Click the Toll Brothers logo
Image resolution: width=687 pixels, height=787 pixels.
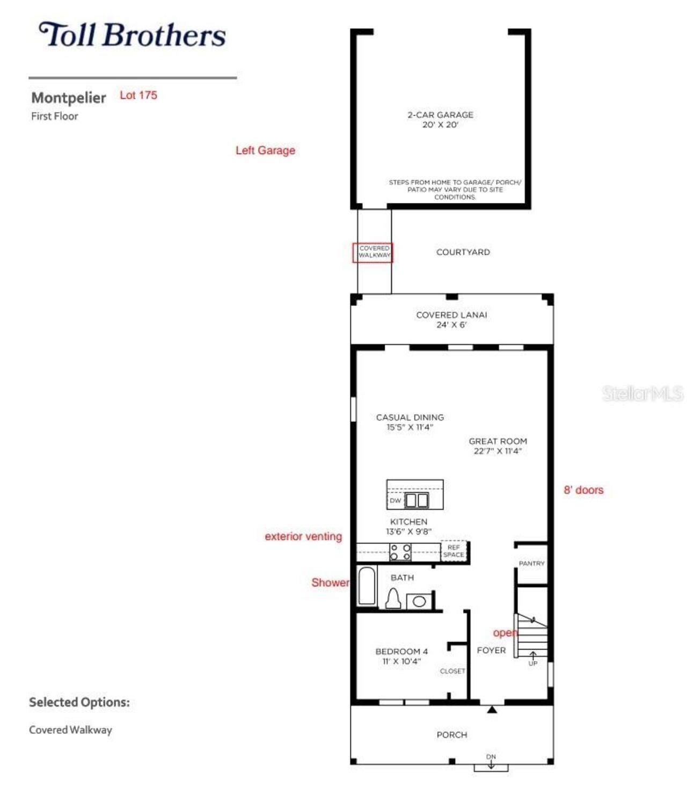pos(132,35)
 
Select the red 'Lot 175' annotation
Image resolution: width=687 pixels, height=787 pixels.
pos(138,96)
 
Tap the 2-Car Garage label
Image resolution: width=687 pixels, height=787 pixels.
pos(440,119)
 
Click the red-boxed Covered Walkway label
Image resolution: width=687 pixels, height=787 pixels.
pos(373,252)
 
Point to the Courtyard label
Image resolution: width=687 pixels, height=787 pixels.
pos(463,252)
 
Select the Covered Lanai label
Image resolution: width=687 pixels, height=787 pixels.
pos(451,319)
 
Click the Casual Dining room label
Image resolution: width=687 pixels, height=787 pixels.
pos(410,422)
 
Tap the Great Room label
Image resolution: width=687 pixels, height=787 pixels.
pos(498,446)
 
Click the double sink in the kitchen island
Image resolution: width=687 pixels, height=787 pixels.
pos(416,500)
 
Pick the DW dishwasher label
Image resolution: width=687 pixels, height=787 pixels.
pos(395,500)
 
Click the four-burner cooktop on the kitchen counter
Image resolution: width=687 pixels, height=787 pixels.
pos(400,552)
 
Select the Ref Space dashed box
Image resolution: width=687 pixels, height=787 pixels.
pos(454,551)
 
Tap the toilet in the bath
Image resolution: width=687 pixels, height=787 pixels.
pos(393,599)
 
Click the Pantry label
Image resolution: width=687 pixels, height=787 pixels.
pos(531,564)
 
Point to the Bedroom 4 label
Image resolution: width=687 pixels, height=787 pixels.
pos(401,656)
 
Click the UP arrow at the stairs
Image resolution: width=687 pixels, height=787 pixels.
pos(533,658)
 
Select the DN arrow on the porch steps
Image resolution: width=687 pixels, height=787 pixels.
pos(491,762)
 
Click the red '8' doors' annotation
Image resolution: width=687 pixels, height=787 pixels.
pos(583,490)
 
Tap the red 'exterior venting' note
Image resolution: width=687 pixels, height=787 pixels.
pos(303,536)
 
